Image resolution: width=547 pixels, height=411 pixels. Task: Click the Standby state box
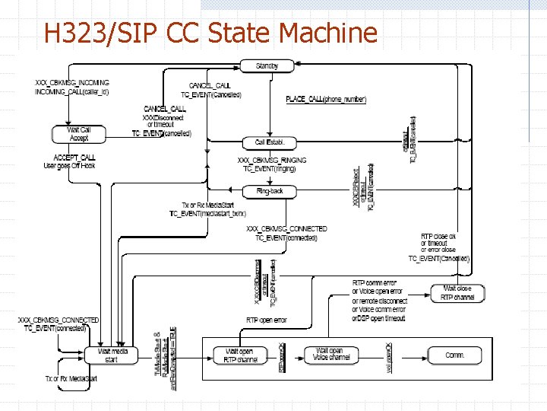tap(267, 66)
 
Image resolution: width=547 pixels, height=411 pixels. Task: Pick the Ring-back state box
tap(270, 191)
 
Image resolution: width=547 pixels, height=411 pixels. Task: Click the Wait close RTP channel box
tap(456, 293)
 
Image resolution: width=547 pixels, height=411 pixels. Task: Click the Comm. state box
tap(454, 355)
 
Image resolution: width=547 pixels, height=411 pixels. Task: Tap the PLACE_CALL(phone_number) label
tap(326, 100)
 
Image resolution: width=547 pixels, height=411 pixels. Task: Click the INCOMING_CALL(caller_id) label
tap(71, 92)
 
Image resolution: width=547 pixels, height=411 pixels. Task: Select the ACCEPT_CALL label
tap(74, 157)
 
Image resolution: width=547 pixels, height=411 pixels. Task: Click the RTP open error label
tap(267, 320)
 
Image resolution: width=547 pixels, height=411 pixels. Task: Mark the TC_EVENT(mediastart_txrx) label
tap(207, 215)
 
